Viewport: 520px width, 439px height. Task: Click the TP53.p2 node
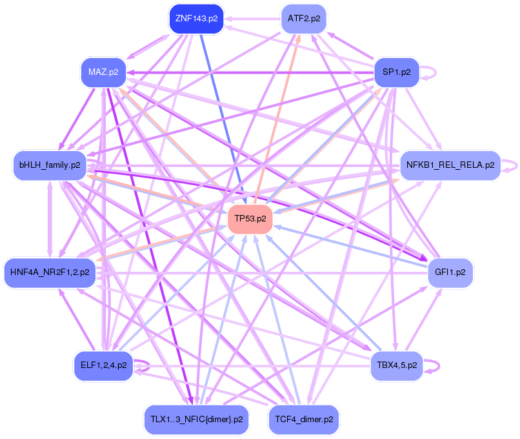pyautogui.click(x=250, y=219)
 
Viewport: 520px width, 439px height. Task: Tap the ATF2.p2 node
pyautogui.click(x=304, y=19)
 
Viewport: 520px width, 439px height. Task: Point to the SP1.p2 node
pyautogui.click(x=397, y=72)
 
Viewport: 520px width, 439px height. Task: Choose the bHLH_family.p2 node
pyautogui.click(x=50, y=165)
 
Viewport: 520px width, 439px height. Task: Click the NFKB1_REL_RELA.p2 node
pyautogui.click(x=450, y=165)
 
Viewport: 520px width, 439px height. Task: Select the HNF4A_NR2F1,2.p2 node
pyautogui.click(x=50, y=272)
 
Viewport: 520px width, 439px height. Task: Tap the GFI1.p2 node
pyautogui.click(x=450, y=272)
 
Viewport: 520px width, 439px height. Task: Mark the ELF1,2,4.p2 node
pyautogui.click(x=103, y=365)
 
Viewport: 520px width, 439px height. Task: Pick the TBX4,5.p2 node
pyautogui.click(x=397, y=365)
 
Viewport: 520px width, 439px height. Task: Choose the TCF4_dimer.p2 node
pyautogui.click(x=304, y=419)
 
